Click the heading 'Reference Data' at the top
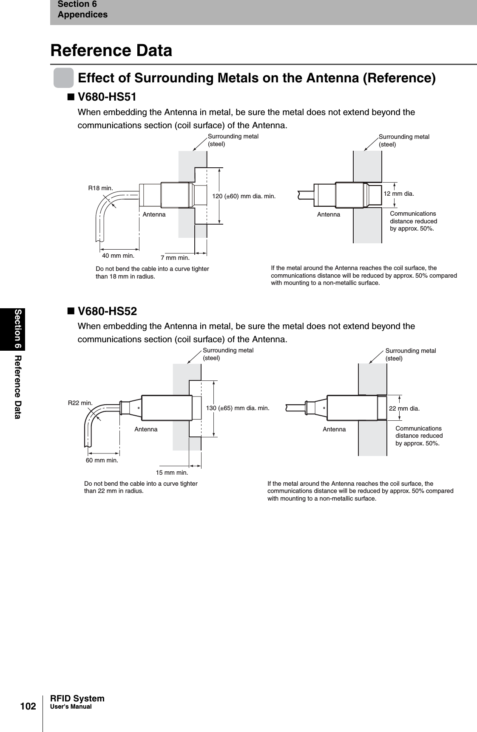[x=111, y=51]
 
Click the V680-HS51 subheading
[x=107, y=97]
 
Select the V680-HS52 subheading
[x=107, y=311]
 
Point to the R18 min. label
[x=100, y=188]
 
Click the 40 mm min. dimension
[x=118, y=256]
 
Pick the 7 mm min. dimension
[x=175, y=258]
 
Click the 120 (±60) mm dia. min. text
[x=244, y=196]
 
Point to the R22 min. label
[x=80, y=403]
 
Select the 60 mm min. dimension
[x=102, y=460]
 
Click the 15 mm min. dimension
[x=172, y=472]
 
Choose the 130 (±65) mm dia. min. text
[x=238, y=408]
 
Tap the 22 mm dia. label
[x=404, y=408]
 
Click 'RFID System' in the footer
[x=77, y=698]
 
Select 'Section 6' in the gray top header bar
[x=77, y=4]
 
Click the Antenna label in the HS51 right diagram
[x=329, y=215]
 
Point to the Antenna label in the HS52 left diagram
[x=146, y=429]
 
